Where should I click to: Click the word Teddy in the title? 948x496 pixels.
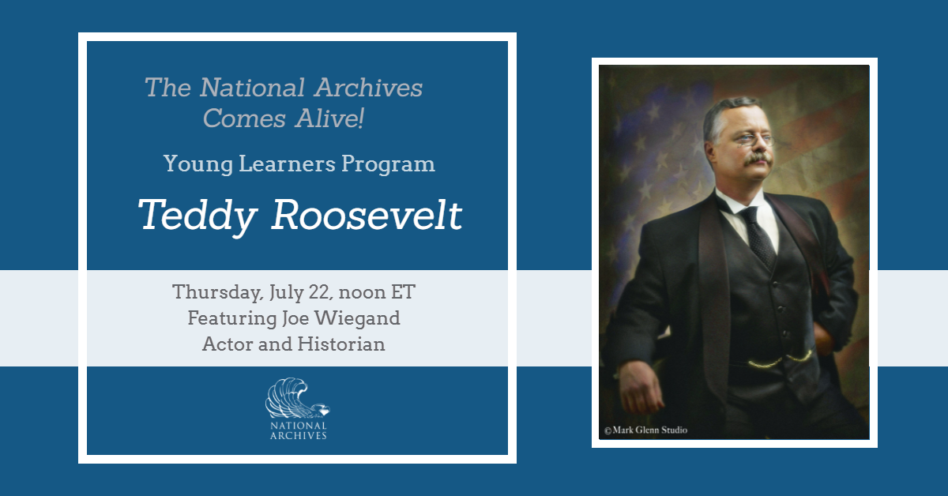pyautogui.click(x=198, y=216)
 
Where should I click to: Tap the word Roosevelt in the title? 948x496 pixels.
pyautogui.click(x=367, y=215)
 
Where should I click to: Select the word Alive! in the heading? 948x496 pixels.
pyautogui.click(x=329, y=118)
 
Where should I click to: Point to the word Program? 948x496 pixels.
pyautogui.click(x=388, y=164)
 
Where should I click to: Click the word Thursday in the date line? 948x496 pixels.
pyautogui.click(x=218, y=292)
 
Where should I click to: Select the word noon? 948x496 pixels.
pyautogui.click(x=362, y=293)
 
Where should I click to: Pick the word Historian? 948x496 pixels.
pyautogui.click(x=341, y=344)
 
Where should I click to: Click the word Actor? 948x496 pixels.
pyautogui.click(x=228, y=344)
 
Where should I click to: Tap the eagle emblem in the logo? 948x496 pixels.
pyautogui.click(x=298, y=398)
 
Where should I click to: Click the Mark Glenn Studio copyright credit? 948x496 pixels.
pyautogui.click(x=645, y=430)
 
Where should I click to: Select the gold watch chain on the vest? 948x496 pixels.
pyautogui.click(x=780, y=359)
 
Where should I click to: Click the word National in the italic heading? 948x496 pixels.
pyautogui.click(x=252, y=88)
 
